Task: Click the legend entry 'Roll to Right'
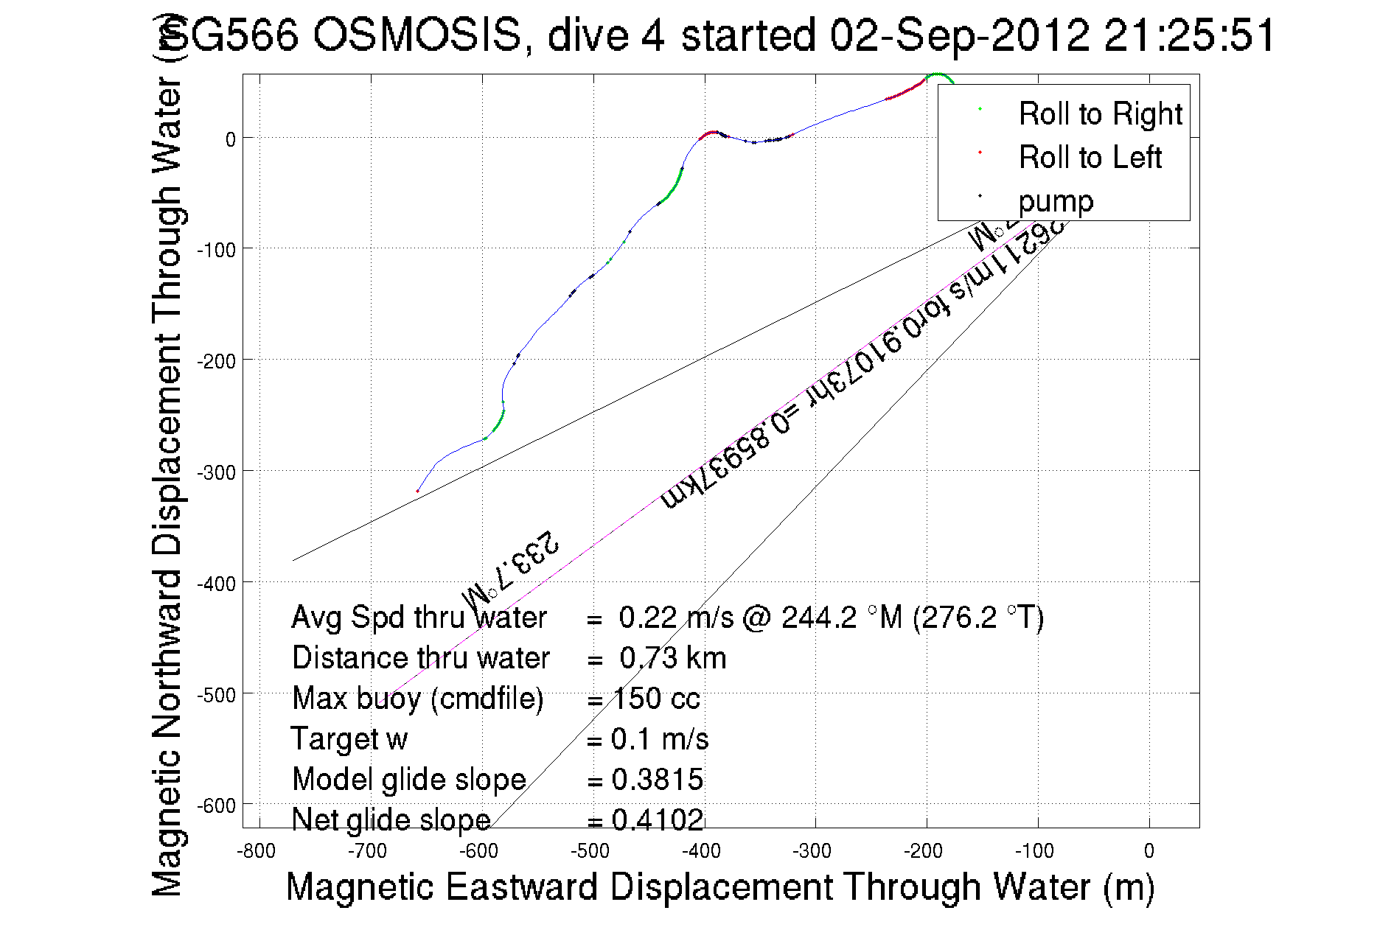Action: click(x=1099, y=113)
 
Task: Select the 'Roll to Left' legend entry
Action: click(x=1090, y=157)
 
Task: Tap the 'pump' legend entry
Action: click(x=1056, y=200)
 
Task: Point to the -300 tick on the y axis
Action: click(x=216, y=472)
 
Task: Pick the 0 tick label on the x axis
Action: click(x=1149, y=852)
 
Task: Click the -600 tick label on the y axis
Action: click(x=216, y=805)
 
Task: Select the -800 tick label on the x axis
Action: click(x=256, y=852)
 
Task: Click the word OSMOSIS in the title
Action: click(x=417, y=35)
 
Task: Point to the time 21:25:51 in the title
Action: click(x=1189, y=35)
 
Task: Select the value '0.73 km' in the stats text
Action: click(x=672, y=657)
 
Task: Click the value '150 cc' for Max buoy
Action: click(x=656, y=698)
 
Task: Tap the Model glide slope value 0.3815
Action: click(x=657, y=779)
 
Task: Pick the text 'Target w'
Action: click(x=349, y=738)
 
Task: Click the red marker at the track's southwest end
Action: click(x=417, y=491)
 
